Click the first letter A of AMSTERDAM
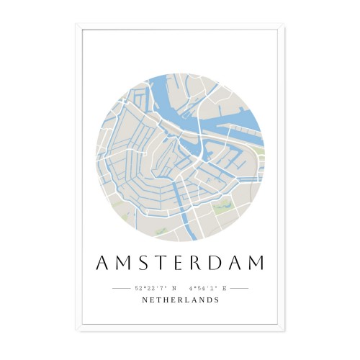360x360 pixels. coord(100,263)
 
